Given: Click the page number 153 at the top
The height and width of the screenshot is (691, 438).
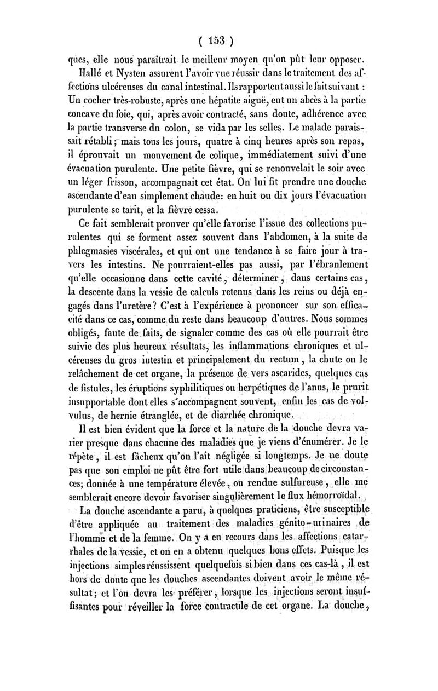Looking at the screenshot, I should click(217, 41).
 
